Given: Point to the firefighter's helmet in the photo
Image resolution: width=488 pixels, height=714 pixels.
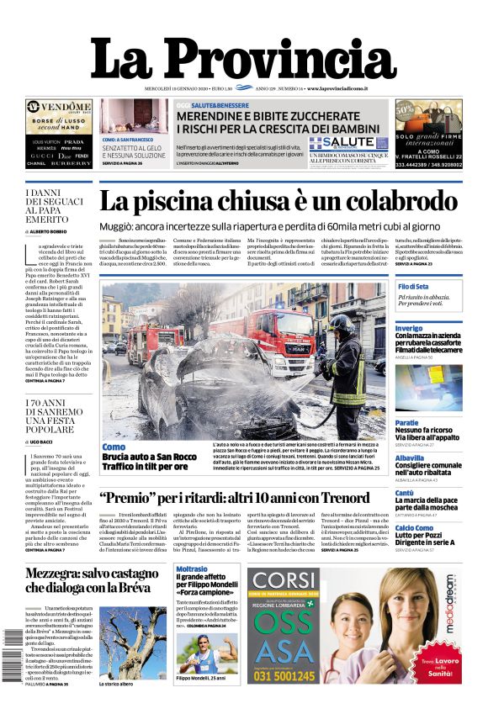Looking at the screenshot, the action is pos(341,324).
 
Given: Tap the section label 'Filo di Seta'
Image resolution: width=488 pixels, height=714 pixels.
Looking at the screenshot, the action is pos(414,287).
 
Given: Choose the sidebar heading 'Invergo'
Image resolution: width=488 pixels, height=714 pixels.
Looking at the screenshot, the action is pos(409,328).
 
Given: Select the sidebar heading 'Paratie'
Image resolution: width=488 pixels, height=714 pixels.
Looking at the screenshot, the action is pos(407,422).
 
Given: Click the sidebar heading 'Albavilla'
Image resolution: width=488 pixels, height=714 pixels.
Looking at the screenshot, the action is pos(410,457).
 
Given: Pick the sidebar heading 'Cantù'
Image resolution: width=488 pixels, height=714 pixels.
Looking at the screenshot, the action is pos(405,493).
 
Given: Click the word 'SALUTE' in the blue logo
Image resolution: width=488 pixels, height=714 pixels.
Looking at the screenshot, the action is pos(347,144).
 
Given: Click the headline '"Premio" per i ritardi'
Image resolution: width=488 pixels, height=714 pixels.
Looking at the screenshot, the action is pos(235,498).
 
